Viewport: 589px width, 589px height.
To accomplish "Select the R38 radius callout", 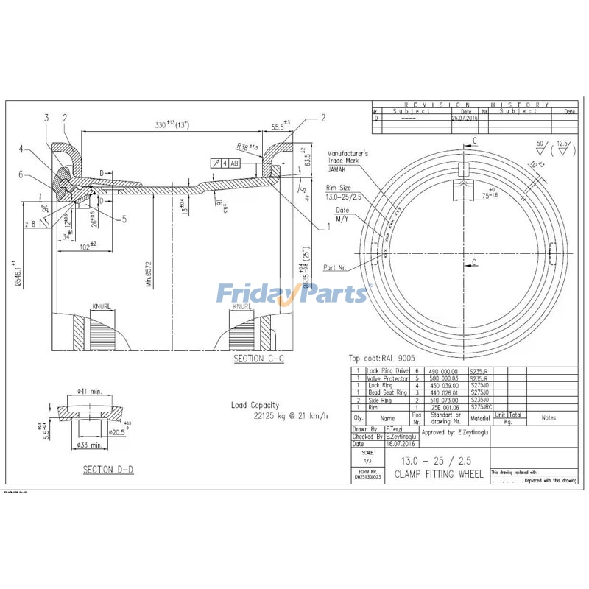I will (x=247, y=146).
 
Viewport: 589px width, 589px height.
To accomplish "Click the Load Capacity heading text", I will (x=255, y=405).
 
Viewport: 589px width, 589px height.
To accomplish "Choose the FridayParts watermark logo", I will (x=292, y=294).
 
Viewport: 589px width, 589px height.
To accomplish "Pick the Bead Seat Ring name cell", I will (x=387, y=392).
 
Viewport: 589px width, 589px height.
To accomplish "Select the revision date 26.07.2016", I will (x=465, y=117).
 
